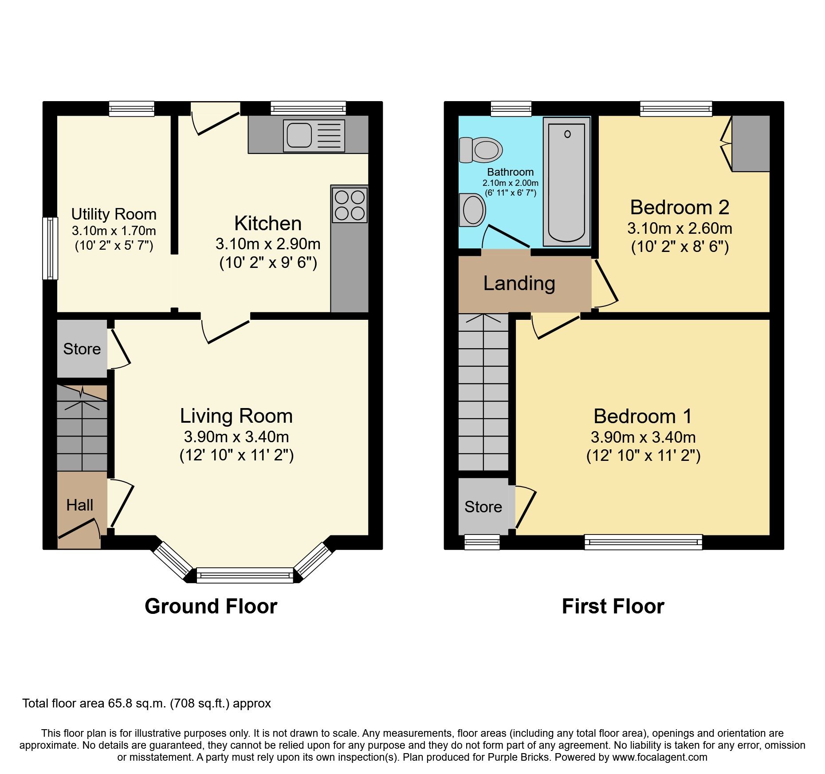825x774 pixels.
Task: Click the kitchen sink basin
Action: pyautogui.click(x=299, y=135)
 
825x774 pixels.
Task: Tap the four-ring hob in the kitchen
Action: pyautogui.click(x=350, y=204)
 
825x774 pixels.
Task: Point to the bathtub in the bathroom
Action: pyautogui.click(x=566, y=181)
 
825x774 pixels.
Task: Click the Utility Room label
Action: pyautogui.click(x=114, y=214)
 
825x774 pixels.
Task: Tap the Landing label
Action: pyautogui.click(x=519, y=283)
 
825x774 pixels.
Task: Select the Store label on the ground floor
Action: pyautogui.click(x=82, y=349)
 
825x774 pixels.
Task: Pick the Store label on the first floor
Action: pyautogui.click(x=483, y=507)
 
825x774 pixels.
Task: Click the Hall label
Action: pyautogui.click(x=79, y=505)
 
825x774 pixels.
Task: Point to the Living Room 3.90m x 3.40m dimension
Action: pyautogui.click(x=236, y=437)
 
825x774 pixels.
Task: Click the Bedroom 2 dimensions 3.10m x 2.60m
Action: pyautogui.click(x=680, y=228)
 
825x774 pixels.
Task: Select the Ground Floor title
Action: pyautogui.click(x=211, y=606)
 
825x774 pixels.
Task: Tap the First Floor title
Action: pyautogui.click(x=613, y=606)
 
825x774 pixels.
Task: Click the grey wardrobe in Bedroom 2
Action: pyautogui.click(x=750, y=143)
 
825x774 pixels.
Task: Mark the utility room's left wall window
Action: pyautogui.click(x=50, y=248)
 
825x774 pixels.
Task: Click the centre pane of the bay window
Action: pyautogui.click(x=245, y=575)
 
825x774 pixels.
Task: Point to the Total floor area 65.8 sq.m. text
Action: pyautogui.click(x=146, y=703)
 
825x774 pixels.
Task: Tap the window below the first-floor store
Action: pyautogui.click(x=482, y=542)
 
